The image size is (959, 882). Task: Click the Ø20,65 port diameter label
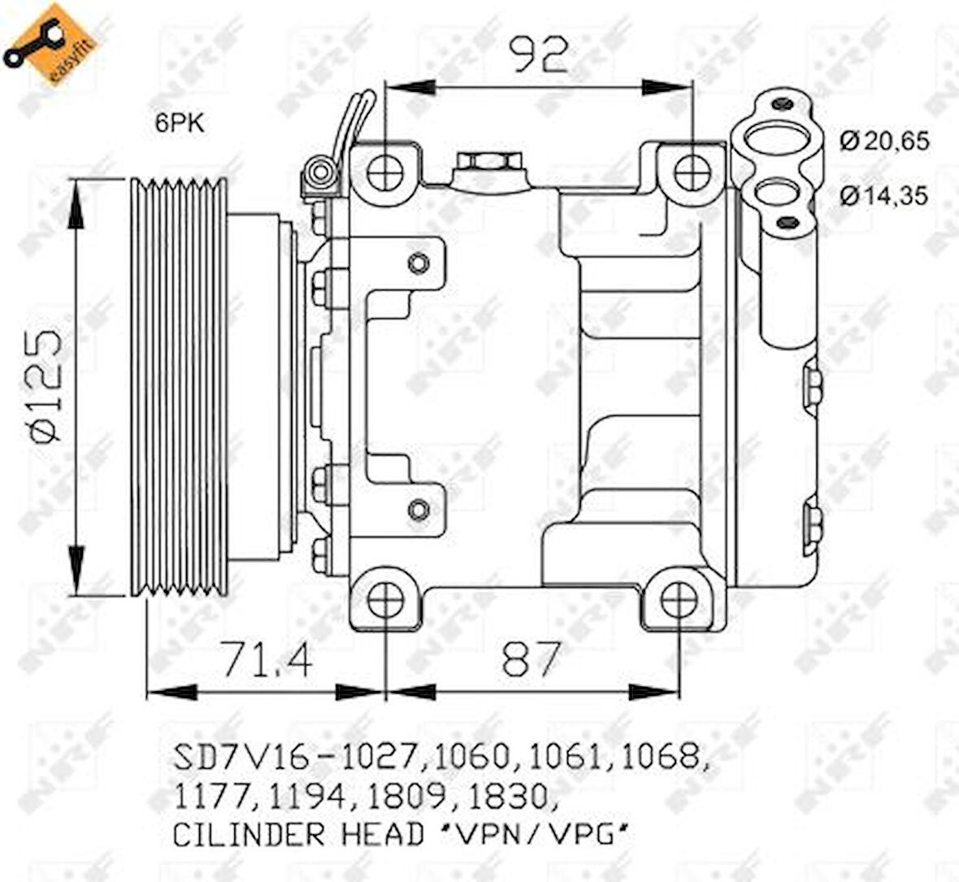[x=884, y=141]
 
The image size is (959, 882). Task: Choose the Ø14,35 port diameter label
[x=884, y=196]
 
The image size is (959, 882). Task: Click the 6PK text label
[x=180, y=123]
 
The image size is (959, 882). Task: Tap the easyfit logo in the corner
[x=50, y=45]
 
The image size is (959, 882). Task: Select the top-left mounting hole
[x=385, y=172]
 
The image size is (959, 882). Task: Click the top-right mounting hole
[x=692, y=172]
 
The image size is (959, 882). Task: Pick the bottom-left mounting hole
[x=385, y=601]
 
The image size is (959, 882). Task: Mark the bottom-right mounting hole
[x=676, y=601]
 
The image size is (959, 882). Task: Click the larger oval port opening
[x=772, y=139]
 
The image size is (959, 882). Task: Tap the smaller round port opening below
[x=772, y=195]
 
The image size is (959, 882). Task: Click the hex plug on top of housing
[x=481, y=162]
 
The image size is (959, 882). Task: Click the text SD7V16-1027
[x=296, y=758]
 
